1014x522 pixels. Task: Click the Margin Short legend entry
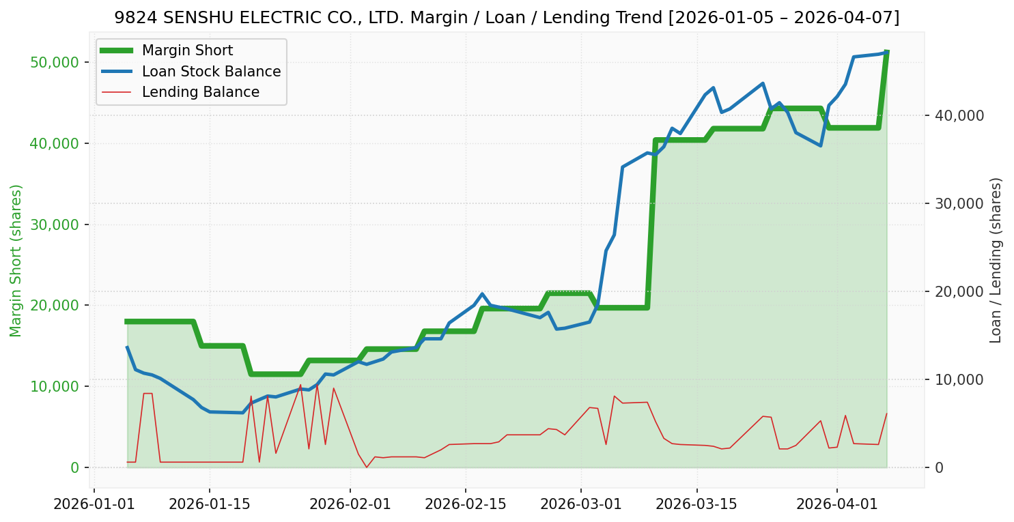[187, 50]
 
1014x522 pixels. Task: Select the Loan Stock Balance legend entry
[211, 72]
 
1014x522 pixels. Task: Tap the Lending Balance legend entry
[200, 92]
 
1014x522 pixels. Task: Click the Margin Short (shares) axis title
[16, 260]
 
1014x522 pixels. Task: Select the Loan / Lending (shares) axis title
[996, 260]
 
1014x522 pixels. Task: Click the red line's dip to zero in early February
[367, 467]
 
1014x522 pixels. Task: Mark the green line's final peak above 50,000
[886, 52]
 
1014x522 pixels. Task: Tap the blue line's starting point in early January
[127, 347]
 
